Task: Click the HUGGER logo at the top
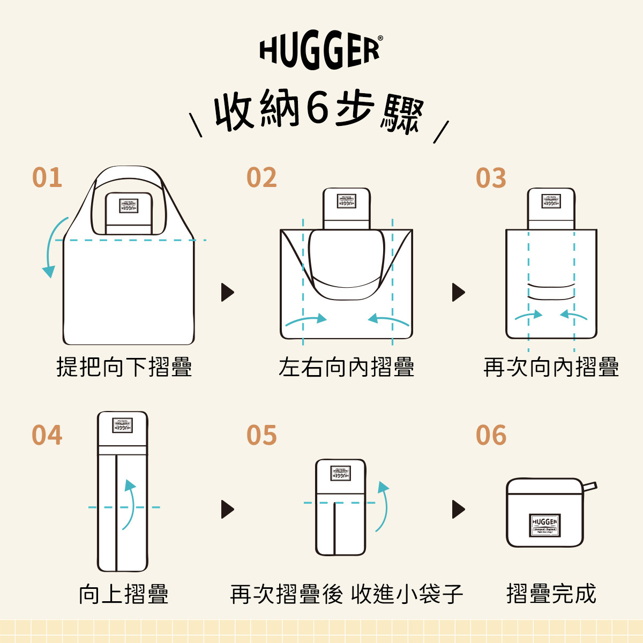(320, 51)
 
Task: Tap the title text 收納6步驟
(319, 111)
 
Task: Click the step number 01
(47, 178)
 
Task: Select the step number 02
(261, 178)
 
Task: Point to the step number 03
(491, 178)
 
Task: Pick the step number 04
(47, 435)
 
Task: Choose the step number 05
(261, 435)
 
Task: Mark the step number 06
(491, 435)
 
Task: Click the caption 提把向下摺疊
(124, 368)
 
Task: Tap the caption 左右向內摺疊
(346, 368)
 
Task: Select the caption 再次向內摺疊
(551, 368)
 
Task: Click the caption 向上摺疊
(124, 594)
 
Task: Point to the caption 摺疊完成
(551, 594)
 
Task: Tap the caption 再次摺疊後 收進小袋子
(346, 594)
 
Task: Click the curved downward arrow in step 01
(51, 246)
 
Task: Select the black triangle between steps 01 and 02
(227, 293)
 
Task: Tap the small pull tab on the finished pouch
(589, 487)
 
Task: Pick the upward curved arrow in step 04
(129, 504)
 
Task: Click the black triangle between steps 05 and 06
(458, 509)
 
